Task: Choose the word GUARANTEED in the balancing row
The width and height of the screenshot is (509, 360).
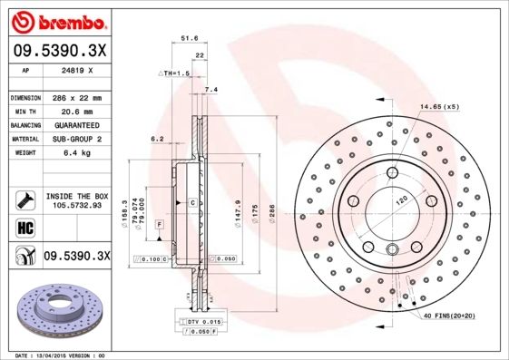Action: (73, 125)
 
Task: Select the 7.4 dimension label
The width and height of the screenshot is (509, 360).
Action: (211, 90)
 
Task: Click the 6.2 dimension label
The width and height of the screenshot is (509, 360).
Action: (156, 139)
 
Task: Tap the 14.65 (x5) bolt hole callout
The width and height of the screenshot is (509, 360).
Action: (439, 107)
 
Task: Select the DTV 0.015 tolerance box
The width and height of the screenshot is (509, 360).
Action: (202, 322)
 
